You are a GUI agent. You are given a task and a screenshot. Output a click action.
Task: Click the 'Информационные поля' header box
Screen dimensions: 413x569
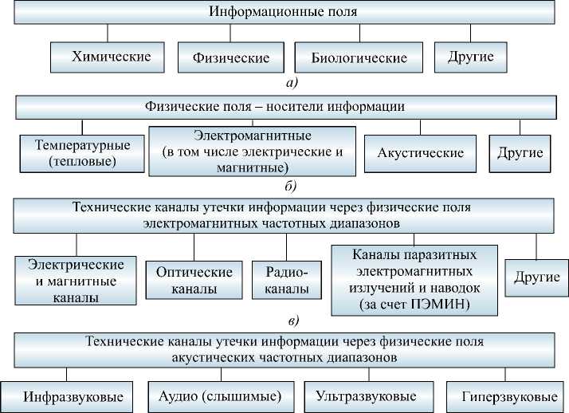[x=283, y=13]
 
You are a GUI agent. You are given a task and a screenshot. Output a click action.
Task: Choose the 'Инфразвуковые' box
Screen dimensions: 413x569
[x=67, y=396]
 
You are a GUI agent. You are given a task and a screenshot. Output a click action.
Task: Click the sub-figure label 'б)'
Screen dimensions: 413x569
[x=288, y=187]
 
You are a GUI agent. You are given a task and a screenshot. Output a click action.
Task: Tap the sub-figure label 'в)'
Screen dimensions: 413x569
[x=293, y=321]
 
